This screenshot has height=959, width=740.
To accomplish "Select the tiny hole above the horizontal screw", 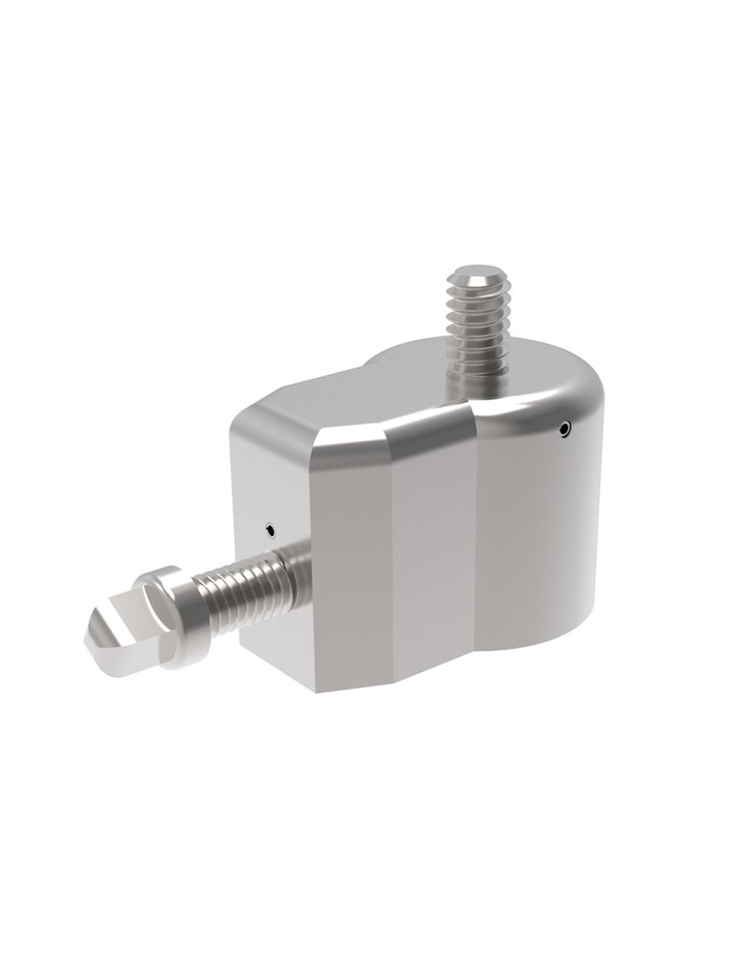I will click(272, 526).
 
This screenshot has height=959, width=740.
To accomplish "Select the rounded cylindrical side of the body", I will click(537, 537).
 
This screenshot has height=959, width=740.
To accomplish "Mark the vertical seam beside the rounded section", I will click(477, 537).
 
